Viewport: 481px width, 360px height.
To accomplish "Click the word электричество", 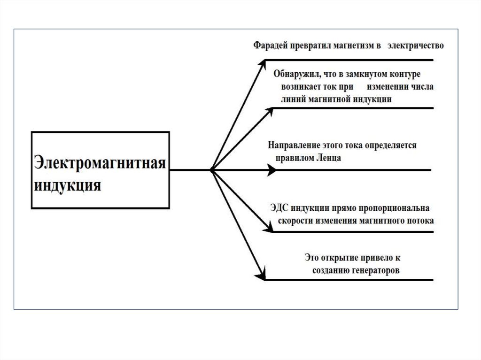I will pyautogui.click(x=416, y=46).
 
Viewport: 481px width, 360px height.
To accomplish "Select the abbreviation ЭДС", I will pyautogui.click(x=280, y=208).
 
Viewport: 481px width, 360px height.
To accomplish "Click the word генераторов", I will pyautogui.click(x=374, y=271).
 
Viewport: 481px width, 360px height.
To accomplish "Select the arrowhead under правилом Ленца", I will pyautogui.click(x=272, y=170).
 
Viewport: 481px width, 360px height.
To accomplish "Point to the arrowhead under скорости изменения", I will pyautogui.click(x=269, y=227).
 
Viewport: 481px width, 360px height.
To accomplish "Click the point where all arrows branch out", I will pyautogui.click(x=212, y=170).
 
